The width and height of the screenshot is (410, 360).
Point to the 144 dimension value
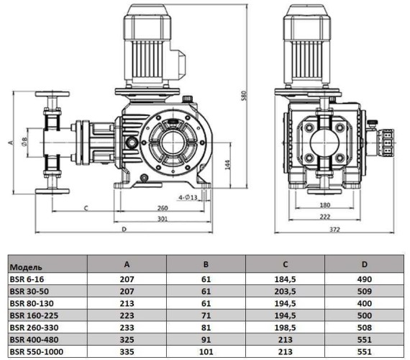coord(228,164)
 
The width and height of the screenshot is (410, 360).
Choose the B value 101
coord(206,353)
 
